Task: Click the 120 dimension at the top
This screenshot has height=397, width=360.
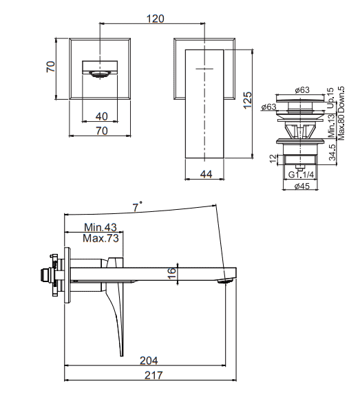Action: pos(156,19)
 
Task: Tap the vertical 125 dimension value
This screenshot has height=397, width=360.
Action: pos(248,100)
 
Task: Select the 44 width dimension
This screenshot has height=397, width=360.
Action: pos(207,174)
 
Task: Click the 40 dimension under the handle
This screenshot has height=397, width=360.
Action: pos(102,116)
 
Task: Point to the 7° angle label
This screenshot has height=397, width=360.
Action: pos(137,207)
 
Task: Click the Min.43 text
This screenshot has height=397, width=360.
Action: pos(100,227)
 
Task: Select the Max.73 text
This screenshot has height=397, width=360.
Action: pos(100,238)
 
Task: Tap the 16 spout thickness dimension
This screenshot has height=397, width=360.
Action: pos(172,273)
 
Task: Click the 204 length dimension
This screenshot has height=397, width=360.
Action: pos(149,361)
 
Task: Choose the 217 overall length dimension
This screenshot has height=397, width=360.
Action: pos(153,375)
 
